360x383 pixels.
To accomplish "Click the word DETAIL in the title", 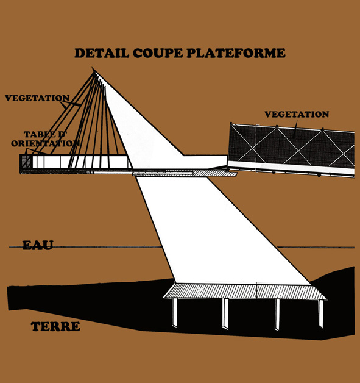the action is (102, 53).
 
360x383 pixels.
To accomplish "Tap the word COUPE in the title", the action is (158, 53).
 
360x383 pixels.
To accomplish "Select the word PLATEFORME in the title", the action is (236, 53).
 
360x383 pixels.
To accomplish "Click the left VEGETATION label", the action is (37, 98).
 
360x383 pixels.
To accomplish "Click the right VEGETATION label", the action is (297, 114).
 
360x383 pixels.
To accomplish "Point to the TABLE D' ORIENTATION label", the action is (45, 138).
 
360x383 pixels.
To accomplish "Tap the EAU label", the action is (38, 245).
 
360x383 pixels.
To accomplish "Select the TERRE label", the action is (55, 326).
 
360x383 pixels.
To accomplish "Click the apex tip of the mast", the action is (92, 67).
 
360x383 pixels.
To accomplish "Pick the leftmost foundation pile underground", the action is (175, 312).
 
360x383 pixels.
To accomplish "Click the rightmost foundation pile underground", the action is (321, 313).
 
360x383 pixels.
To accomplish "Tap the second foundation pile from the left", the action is (225, 313).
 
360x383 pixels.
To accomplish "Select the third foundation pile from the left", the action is (277, 315).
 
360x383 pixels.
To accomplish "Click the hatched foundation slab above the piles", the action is (245, 292).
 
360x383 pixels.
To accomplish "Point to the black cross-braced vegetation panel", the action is (291, 146).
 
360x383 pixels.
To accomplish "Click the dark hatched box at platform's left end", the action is (26, 162).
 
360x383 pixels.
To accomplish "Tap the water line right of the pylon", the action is (316, 247).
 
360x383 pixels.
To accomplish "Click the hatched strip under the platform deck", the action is (185, 174).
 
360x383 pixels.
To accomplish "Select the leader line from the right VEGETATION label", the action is (295, 130).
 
